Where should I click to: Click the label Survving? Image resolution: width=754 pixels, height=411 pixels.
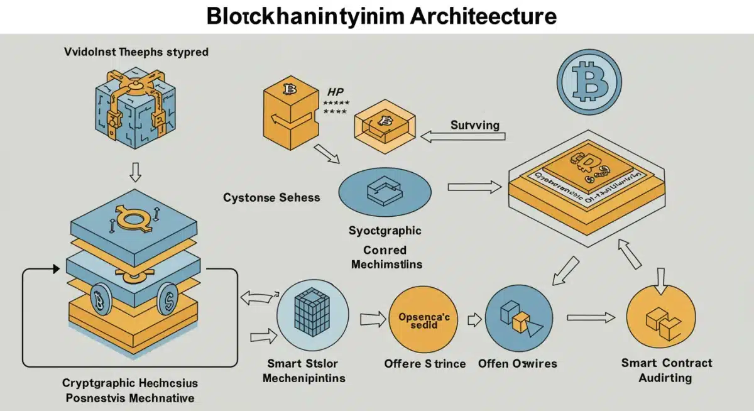click(x=475, y=125)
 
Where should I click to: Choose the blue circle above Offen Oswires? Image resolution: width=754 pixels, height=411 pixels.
click(x=518, y=318)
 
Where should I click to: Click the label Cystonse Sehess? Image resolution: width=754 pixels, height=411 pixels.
click(x=271, y=197)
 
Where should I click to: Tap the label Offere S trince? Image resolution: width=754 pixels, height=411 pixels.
click(x=425, y=363)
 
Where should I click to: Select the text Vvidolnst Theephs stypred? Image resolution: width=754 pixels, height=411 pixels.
click(x=136, y=52)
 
